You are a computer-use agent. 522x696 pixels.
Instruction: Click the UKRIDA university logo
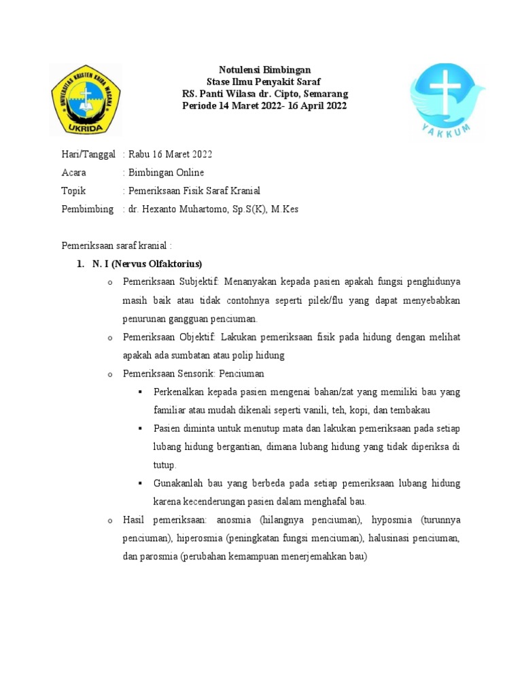click(86, 100)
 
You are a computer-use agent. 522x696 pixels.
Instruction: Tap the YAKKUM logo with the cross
click(445, 100)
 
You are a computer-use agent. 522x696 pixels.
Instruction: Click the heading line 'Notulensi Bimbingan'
click(264, 70)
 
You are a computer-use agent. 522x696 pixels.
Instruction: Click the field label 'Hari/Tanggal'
click(88, 154)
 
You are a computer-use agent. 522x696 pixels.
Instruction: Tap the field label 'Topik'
click(74, 191)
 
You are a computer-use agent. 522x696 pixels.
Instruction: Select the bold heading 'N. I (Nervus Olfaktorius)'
click(147, 264)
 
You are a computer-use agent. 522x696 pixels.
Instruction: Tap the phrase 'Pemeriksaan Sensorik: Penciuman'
click(194, 374)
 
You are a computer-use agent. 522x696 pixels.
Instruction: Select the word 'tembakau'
click(411, 411)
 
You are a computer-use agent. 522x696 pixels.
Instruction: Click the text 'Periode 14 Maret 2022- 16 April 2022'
click(264, 106)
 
